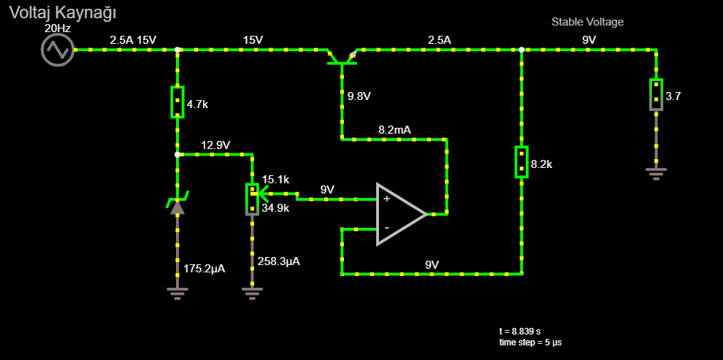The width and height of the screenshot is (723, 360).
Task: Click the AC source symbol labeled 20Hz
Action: (57, 50)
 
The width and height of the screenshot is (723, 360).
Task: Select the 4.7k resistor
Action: (177, 102)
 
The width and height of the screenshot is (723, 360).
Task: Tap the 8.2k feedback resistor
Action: (521, 162)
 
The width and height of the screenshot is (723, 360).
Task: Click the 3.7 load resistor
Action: (656, 94)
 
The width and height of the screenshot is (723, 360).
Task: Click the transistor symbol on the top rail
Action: (342, 57)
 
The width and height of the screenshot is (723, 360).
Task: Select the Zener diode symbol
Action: (177, 204)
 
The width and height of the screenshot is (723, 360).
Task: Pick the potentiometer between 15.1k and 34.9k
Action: (252, 199)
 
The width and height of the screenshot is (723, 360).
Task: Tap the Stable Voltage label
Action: (587, 22)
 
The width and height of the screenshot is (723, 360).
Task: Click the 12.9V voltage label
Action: (216, 145)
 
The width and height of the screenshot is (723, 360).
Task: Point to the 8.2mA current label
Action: (394, 129)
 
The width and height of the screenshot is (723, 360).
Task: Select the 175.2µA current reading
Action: (204, 269)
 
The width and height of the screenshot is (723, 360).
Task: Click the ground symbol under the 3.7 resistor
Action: (656, 172)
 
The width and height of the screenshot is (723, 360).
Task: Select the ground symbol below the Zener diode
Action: (177, 293)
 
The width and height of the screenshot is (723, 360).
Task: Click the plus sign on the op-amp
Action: (386, 198)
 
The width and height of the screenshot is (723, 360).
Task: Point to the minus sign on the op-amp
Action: (386, 228)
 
